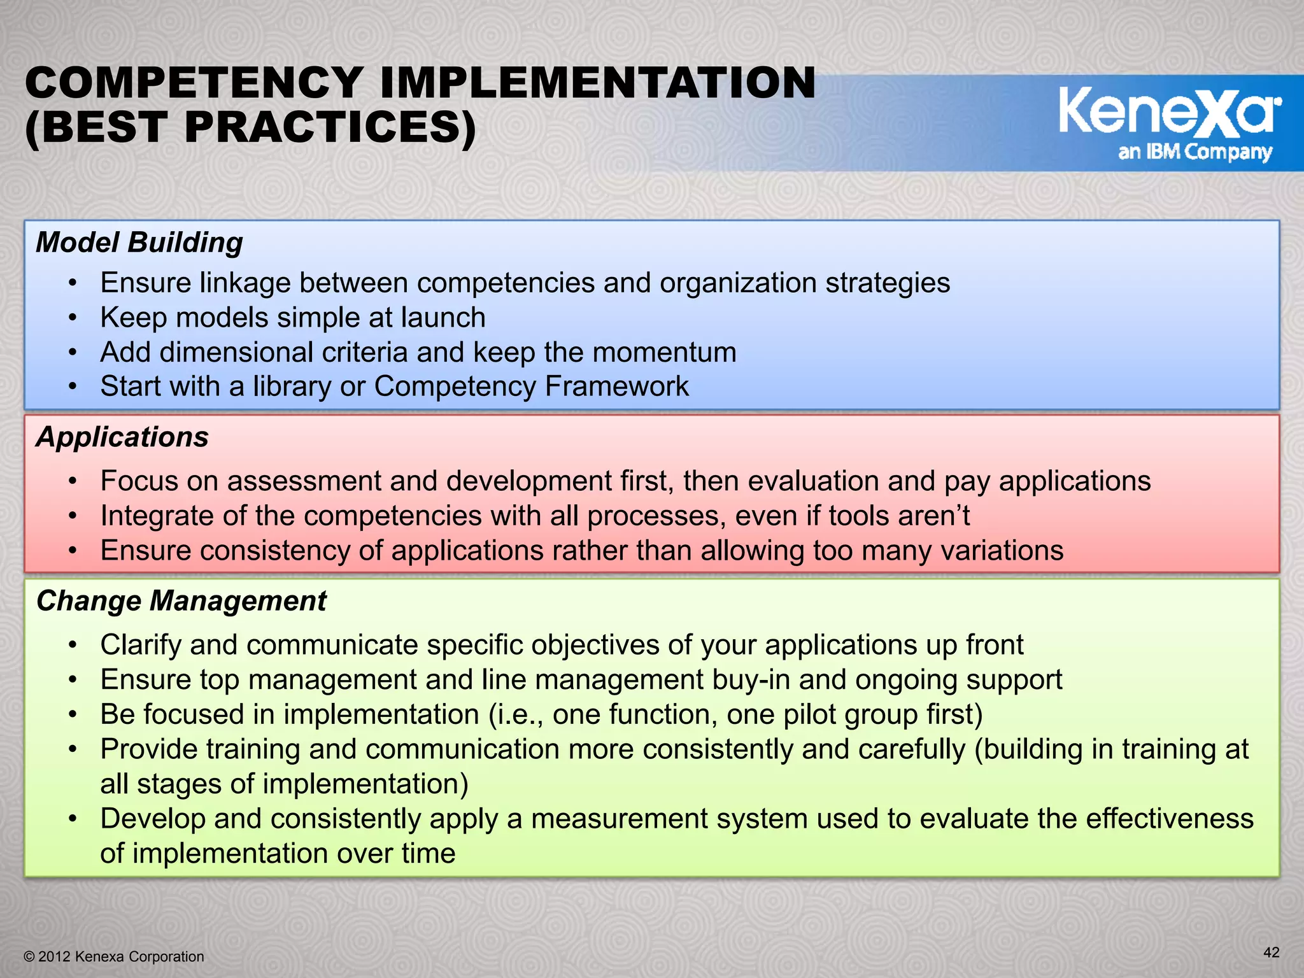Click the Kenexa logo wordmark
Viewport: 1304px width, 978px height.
pyautogui.click(x=1169, y=113)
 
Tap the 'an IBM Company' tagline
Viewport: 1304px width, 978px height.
pyautogui.click(x=1195, y=152)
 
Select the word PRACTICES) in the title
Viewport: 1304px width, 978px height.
pyautogui.click(x=330, y=127)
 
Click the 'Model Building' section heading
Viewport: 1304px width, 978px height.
pyautogui.click(x=139, y=243)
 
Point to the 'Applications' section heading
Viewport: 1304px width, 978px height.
pyautogui.click(x=122, y=437)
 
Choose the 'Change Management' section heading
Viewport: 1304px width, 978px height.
pyautogui.click(x=181, y=601)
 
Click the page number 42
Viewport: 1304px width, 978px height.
pyautogui.click(x=1271, y=953)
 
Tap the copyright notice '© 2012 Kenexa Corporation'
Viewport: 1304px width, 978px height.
pyautogui.click(x=114, y=957)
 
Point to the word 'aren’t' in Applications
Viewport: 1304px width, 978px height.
pyautogui.click(x=933, y=516)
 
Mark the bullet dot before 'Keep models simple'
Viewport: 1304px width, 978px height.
pyautogui.click(x=73, y=318)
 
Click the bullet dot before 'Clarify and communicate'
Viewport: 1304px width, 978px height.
pyautogui.click(x=73, y=646)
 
